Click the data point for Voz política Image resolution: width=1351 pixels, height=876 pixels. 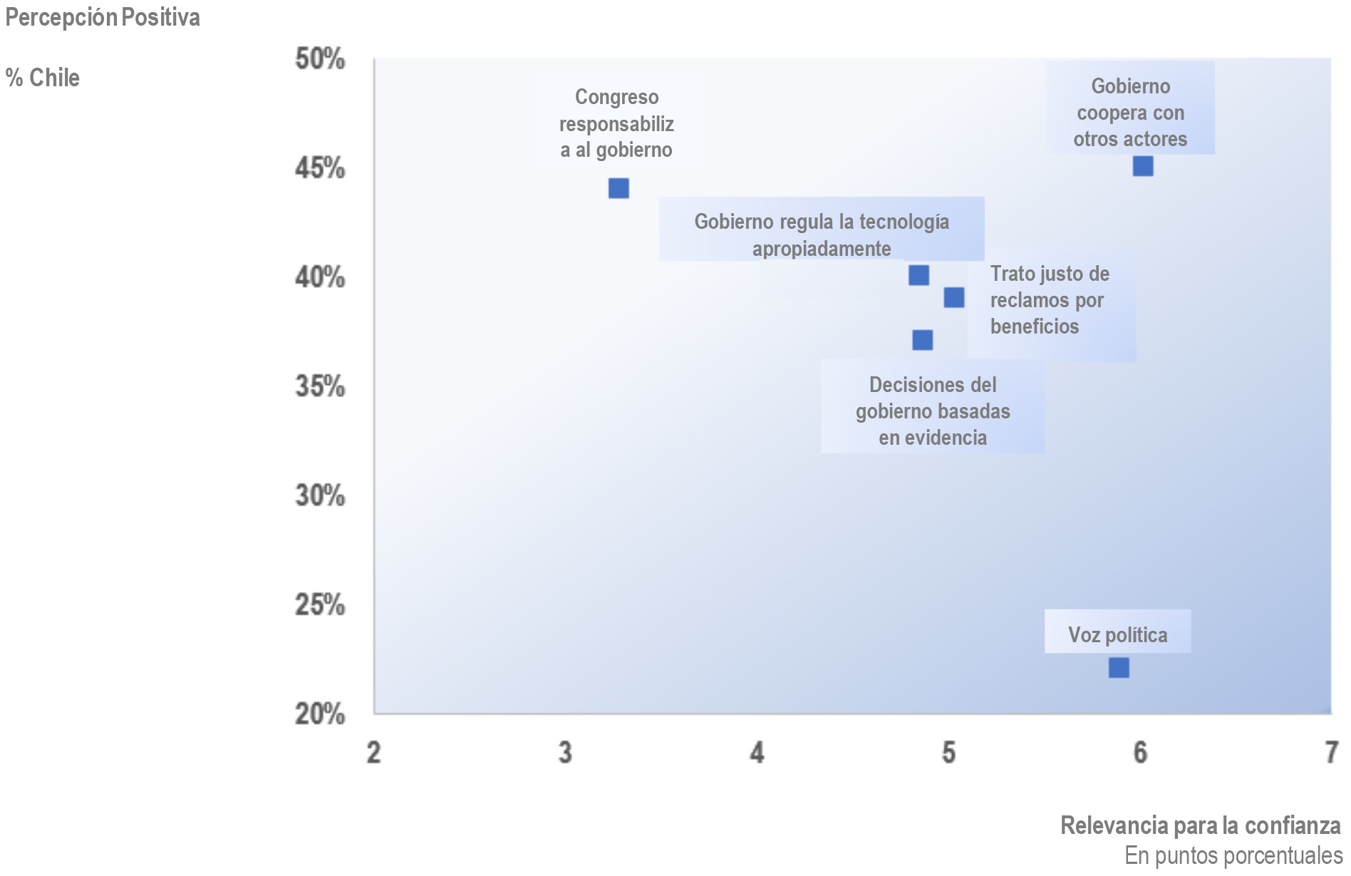(1119, 668)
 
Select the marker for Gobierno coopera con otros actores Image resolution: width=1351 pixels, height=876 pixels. (1143, 166)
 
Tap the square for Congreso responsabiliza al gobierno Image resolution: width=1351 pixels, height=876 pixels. (618, 188)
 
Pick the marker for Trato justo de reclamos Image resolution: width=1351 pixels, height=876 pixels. (954, 297)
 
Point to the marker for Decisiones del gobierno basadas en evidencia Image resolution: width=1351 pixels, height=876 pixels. (923, 340)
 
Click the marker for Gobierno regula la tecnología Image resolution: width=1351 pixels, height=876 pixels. (918, 275)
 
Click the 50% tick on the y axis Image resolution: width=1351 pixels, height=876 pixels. (320, 59)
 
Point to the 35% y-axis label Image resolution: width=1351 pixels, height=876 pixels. (320, 387)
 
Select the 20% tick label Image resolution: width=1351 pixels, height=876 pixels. (320, 713)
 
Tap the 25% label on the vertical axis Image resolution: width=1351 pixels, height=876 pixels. (320, 605)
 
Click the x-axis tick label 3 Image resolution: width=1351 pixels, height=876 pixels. (565, 753)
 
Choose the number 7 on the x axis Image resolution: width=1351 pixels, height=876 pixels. (1331, 753)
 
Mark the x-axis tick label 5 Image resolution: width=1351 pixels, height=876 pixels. (948, 753)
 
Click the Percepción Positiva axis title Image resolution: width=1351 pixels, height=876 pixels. (103, 18)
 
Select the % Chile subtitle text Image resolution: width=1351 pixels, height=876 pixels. (43, 78)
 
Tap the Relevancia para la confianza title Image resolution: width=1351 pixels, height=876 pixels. (1200, 825)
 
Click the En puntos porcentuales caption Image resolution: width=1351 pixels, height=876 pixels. (1233, 855)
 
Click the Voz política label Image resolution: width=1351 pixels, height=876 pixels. (1117, 634)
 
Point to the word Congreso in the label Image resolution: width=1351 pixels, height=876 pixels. (616, 97)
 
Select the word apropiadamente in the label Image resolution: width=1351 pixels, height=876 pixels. (822, 249)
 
